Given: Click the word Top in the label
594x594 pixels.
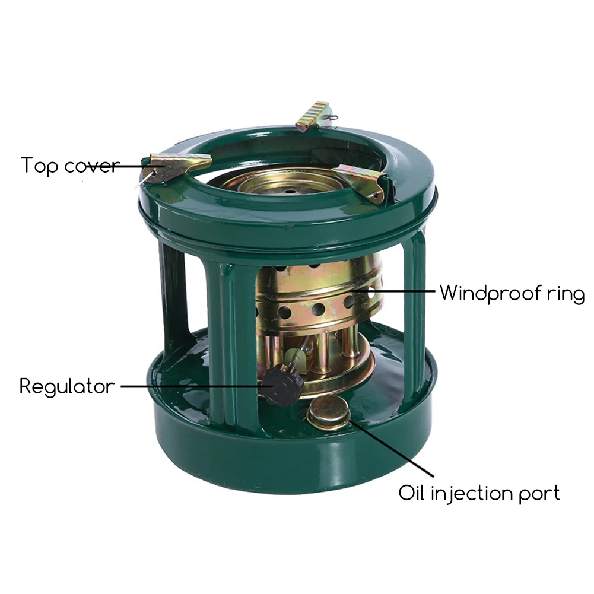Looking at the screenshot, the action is pyautogui.click(x=39, y=166).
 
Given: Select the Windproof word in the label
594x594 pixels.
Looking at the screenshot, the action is pyautogui.click(x=491, y=293).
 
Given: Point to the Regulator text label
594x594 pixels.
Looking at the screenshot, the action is pyautogui.click(x=67, y=387).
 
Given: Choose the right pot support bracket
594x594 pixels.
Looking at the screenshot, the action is pyautogui.click(x=363, y=181).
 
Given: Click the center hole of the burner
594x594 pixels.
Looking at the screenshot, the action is pyautogui.click(x=291, y=192).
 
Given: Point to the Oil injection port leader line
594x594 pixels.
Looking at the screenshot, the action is pyautogui.click(x=390, y=447).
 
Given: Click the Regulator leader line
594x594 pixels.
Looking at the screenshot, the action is pyautogui.click(x=197, y=387).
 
